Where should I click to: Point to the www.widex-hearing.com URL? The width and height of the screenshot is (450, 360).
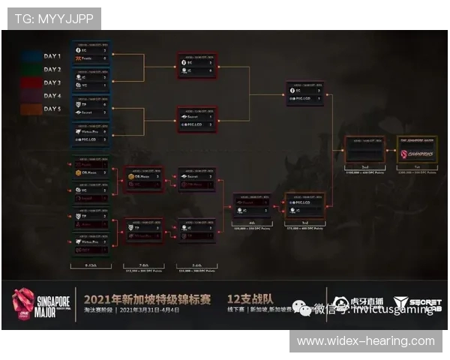[366, 340]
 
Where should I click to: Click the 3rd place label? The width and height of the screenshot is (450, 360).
[304, 223]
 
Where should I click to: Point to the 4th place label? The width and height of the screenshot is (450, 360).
[251, 223]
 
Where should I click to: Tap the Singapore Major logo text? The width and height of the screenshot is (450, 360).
[43, 298]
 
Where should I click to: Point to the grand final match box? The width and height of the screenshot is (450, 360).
[364, 150]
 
